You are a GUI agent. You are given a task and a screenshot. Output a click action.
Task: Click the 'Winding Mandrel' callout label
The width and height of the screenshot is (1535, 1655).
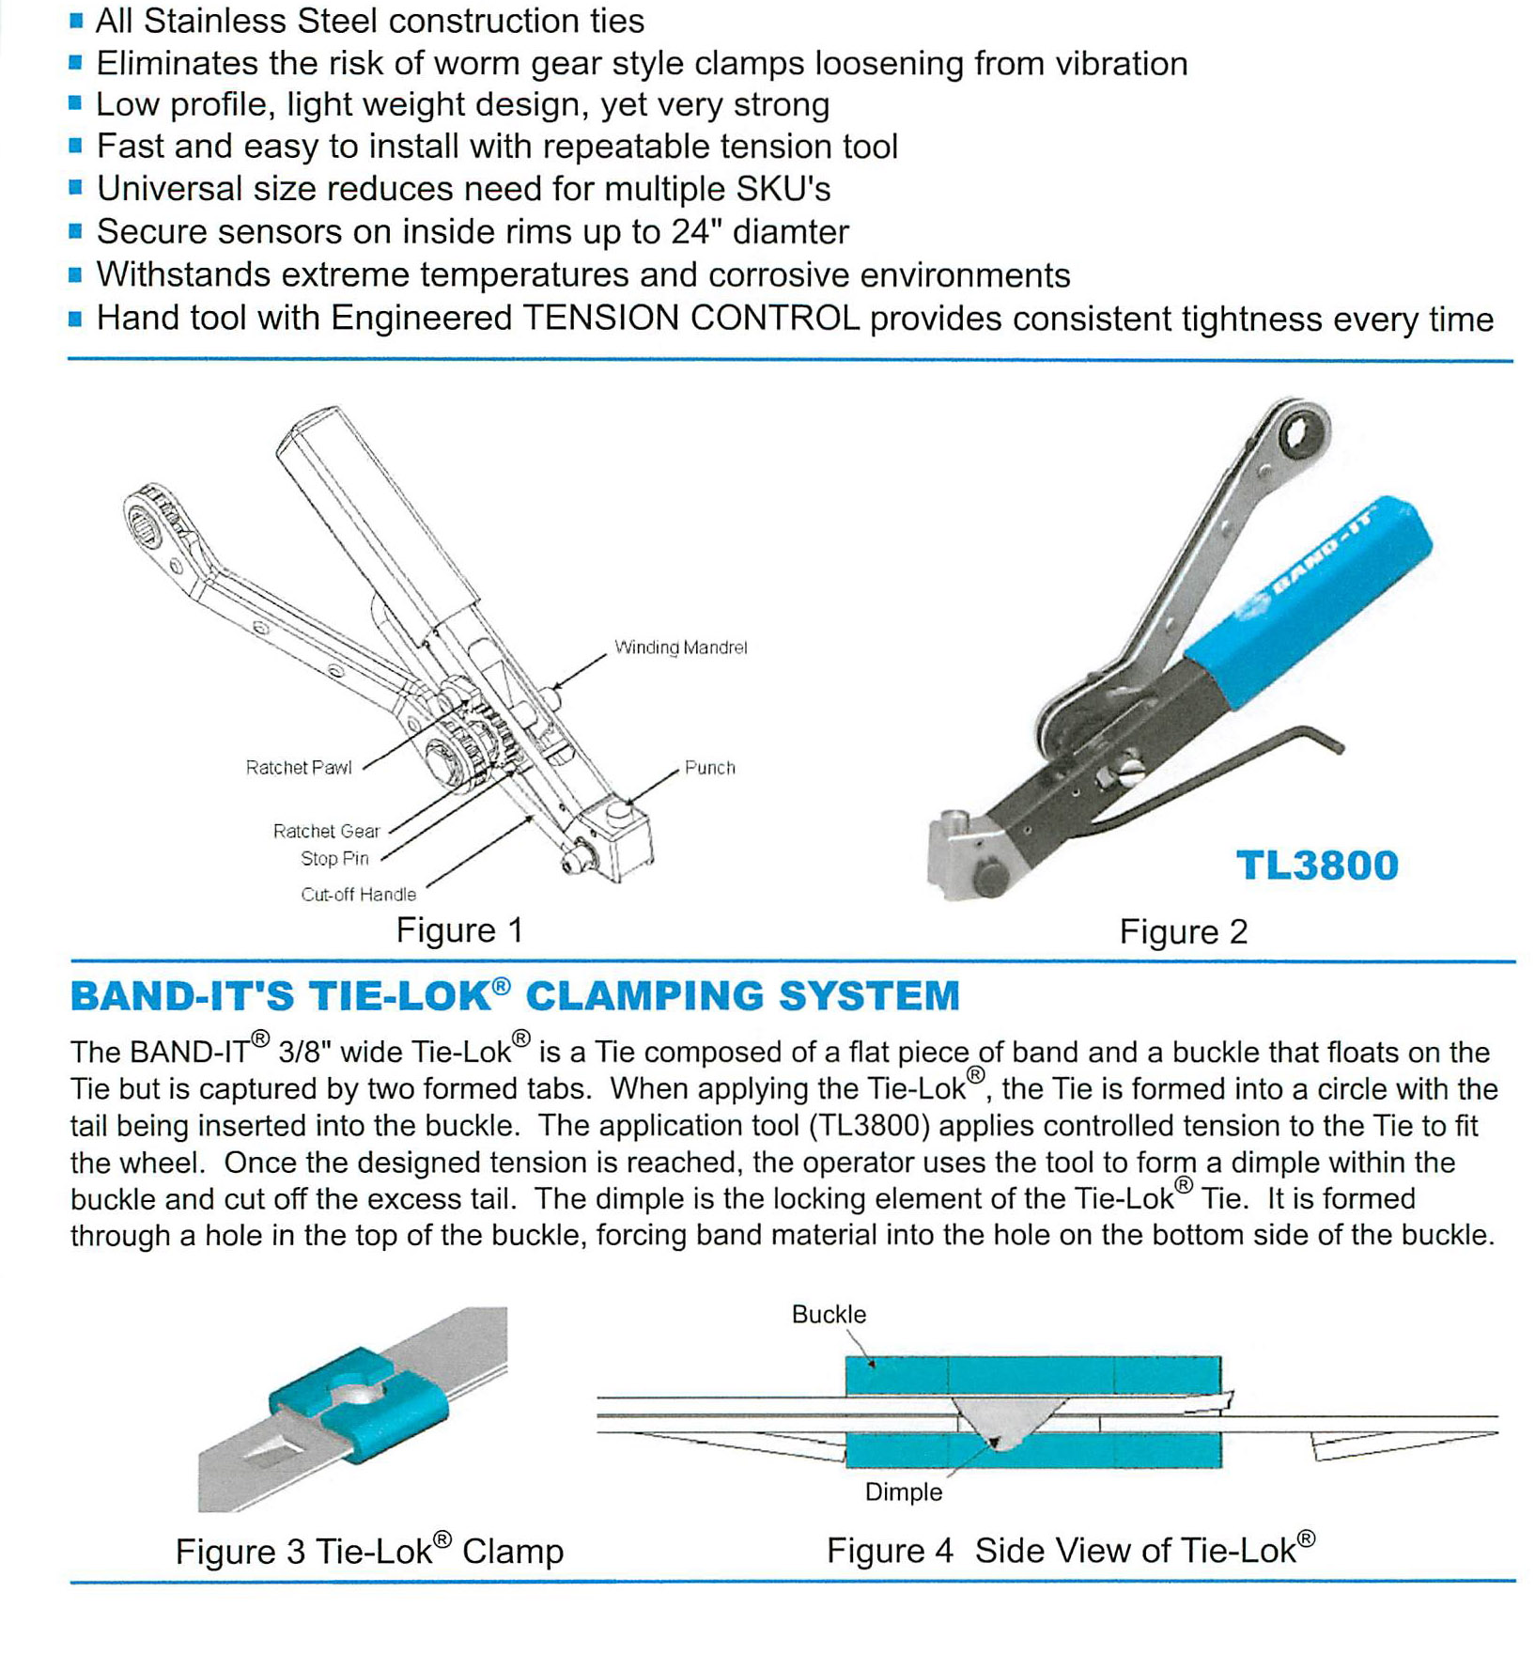(680, 648)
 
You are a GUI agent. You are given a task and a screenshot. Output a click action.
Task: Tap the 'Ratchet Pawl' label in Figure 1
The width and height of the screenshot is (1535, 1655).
(299, 768)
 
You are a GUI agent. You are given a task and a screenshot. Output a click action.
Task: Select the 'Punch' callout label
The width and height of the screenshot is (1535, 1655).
(709, 768)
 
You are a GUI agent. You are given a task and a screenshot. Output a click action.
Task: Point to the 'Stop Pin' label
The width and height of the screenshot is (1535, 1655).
(334, 859)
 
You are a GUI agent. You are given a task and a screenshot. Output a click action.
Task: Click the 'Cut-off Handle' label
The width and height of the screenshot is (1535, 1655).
(358, 895)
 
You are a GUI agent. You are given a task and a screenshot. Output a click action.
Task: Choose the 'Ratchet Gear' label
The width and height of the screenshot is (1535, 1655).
(326, 832)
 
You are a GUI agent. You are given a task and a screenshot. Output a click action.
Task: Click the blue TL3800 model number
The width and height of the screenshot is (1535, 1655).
(1317, 866)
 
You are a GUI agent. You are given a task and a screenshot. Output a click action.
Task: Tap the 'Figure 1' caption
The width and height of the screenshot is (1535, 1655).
(459, 930)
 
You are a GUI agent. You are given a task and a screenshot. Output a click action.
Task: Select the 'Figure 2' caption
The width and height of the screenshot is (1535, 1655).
(1183, 932)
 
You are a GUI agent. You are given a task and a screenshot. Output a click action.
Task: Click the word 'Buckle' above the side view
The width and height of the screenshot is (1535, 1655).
(829, 1315)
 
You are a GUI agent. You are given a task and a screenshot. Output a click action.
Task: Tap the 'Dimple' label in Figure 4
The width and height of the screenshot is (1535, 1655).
(903, 1492)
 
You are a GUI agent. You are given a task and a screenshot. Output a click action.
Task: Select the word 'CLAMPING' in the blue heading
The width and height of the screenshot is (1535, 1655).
(643, 996)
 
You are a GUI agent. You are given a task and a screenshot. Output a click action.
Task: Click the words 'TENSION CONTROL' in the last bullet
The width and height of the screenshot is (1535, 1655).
(690, 319)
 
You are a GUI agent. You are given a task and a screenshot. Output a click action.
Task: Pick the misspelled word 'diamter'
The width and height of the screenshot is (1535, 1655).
(790, 232)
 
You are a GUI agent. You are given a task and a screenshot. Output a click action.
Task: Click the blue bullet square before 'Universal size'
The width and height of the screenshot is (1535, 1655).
(76, 188)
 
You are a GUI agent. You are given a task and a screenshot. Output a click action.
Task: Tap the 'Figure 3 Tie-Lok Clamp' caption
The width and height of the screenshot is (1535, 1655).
(369, 1551)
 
